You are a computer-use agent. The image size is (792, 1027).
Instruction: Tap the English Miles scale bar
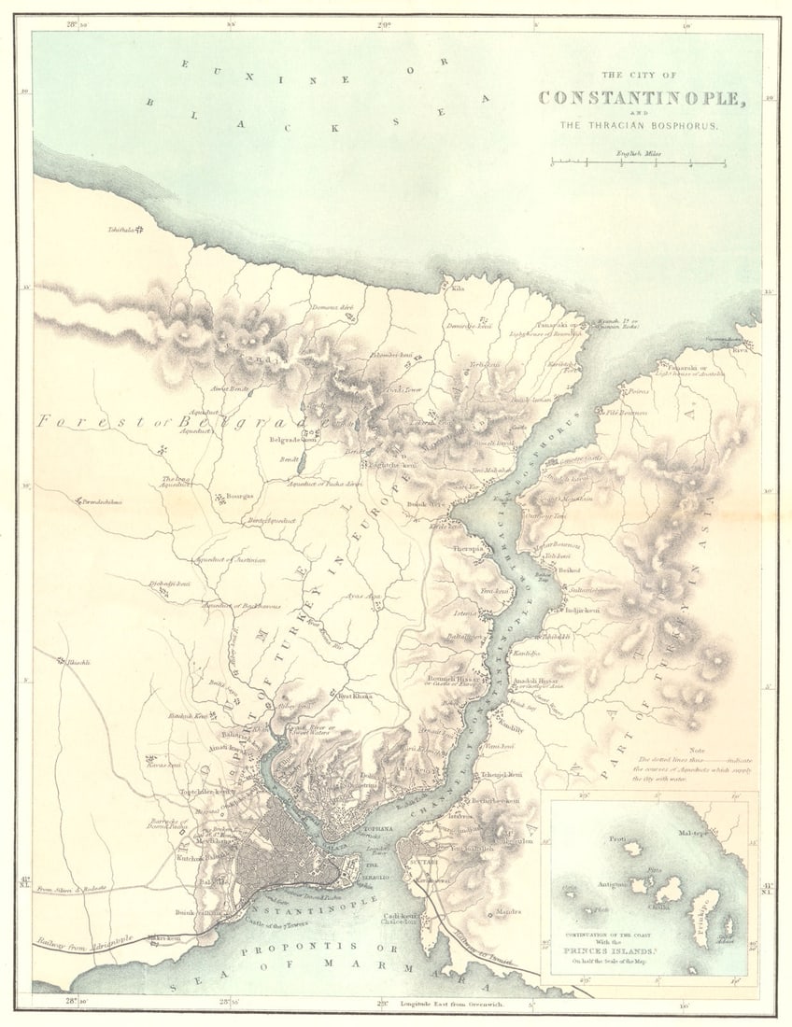638,164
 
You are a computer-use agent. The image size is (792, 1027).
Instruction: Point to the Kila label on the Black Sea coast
458,288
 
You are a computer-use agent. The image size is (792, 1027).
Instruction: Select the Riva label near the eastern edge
741,353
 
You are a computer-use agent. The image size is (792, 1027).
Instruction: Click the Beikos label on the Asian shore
569,569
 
